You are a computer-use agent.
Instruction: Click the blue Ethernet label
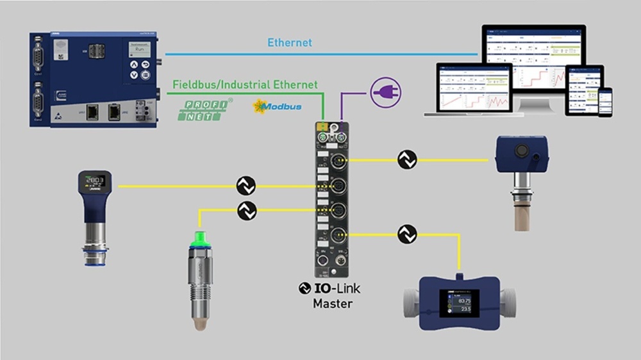click(x=290, y=43)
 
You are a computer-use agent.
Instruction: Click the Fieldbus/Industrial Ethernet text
click(x=245, y=85)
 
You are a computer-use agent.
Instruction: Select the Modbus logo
click(x=278, y=106)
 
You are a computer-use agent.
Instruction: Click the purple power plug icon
click(x=385, y=94)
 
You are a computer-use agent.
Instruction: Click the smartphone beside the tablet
click(x=606, y=101)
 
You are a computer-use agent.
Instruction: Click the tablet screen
click(x=584, y=89)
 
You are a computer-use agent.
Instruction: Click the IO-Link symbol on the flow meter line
click(x=407, y=234)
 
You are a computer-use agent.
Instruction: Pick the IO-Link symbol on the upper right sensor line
click(x=407, y=160)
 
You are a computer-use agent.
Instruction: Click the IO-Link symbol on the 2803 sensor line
click(x=246, y=186)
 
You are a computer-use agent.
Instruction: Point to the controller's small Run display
click(x=140, y=49)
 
